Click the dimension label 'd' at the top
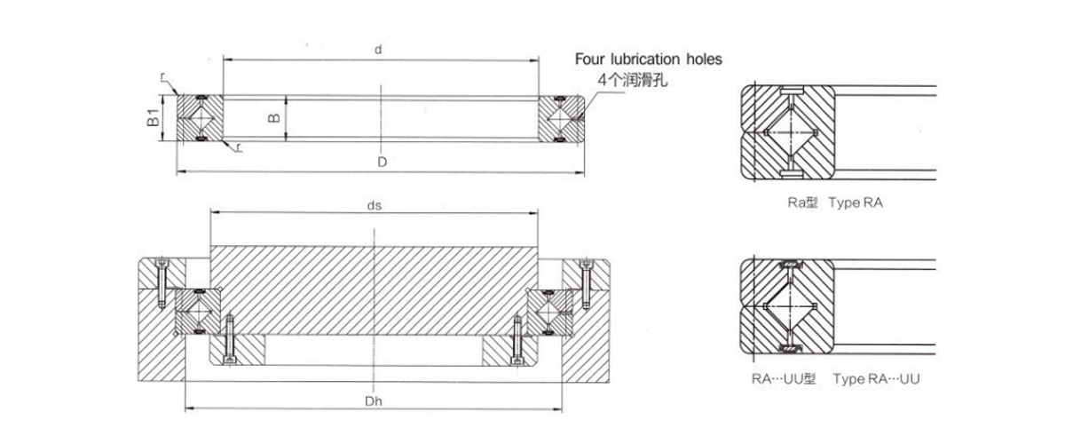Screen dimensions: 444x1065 [x=378, y=51]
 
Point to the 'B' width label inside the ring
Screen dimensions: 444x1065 [x=275, y=117]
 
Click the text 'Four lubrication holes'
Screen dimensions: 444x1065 [x=648, y=59]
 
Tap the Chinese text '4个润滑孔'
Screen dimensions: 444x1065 [x=632, y=80]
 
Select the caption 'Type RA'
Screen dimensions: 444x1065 [x=856, y=203]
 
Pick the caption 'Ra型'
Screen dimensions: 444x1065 [x=801, y=203]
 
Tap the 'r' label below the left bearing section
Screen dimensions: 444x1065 [x=240, y=148]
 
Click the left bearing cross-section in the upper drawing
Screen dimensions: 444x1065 [x=200, y=118]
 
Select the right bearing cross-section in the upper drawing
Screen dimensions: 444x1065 [x=561, y=118]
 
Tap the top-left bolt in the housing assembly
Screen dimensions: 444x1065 [x=162, y=284]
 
